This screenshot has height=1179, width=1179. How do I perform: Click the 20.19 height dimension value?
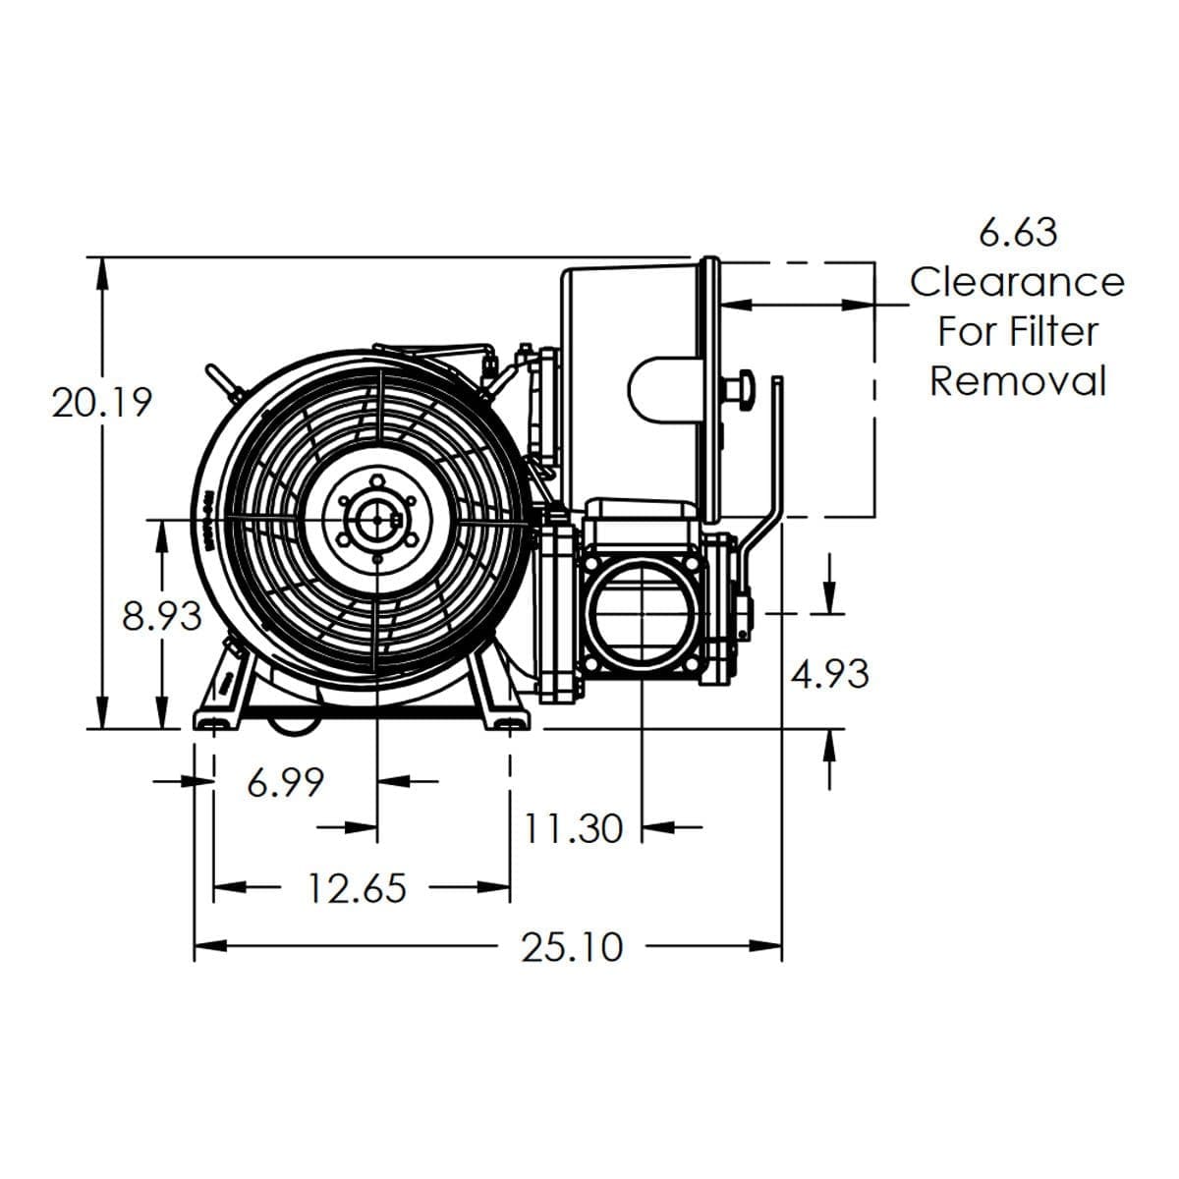102,402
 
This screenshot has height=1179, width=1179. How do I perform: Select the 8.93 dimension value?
162,617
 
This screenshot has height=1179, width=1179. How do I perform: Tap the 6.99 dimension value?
286,783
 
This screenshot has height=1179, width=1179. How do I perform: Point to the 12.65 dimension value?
357,889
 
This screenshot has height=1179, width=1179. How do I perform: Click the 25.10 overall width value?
572,947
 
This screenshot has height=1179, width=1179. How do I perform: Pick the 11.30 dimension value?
573,828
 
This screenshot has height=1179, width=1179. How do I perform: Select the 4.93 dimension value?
830,674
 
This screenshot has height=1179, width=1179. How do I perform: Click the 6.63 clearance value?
1019,232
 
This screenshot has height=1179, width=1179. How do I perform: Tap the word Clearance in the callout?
1017,282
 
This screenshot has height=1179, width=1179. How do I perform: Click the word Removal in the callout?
1018,380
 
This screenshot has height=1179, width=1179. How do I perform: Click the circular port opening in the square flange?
641,615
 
